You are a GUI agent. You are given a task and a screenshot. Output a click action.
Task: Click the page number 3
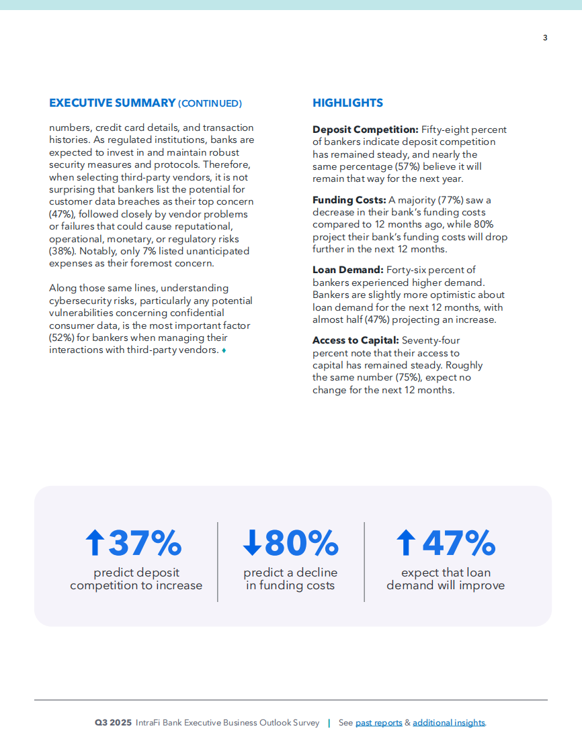tap(545, 38)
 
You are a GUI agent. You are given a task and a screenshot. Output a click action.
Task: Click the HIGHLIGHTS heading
tap(347, 103)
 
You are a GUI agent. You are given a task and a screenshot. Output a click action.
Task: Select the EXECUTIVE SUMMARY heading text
tap(112, 103)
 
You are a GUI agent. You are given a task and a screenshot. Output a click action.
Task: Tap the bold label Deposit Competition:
tap(366, 130)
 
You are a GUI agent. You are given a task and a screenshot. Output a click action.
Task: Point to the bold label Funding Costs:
tap(349, 200)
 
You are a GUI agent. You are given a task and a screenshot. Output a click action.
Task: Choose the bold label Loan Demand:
tap(348, 270)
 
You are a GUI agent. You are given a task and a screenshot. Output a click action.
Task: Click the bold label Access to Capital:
tap(356, 340)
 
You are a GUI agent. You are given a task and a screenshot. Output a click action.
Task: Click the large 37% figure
tap(145, 543)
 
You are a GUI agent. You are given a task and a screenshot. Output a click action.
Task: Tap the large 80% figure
tap(301, 543)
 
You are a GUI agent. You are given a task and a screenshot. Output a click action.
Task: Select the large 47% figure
tap(458, 543)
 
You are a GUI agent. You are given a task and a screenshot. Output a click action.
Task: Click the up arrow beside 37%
tap(95, 543)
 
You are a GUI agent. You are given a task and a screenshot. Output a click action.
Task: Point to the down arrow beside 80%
tap(252, 543)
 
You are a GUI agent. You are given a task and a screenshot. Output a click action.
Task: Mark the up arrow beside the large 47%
tap(406, 543)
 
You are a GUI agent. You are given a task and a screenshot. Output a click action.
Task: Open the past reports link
tap(378, 723)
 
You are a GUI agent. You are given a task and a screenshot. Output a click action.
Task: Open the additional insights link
tap(448, 723)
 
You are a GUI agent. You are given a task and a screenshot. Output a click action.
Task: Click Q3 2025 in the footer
tap(114, 723)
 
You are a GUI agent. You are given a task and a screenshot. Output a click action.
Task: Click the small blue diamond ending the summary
tap(224, 350)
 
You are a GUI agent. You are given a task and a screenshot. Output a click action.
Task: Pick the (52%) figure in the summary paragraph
tap(61, 338)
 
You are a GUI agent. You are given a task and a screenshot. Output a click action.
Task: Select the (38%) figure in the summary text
tap(61, 251)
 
